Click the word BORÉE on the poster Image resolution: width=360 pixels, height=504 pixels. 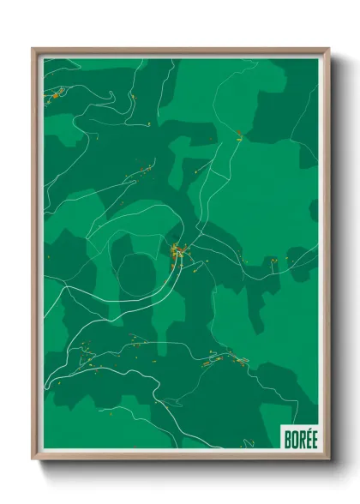pos(300,439)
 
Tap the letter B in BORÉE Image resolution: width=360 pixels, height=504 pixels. pos(288,439)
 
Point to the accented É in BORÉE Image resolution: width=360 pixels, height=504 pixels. pos(306,438)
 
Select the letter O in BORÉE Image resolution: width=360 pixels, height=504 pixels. pos(294,439)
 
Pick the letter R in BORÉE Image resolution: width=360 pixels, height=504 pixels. pos(300,439)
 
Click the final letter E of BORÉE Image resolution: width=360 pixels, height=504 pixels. pos(312,439)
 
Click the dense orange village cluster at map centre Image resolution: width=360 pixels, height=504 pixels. pos(178,252)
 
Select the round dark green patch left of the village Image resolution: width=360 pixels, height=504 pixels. pos(137,274)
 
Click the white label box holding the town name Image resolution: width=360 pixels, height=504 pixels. pos(299,437)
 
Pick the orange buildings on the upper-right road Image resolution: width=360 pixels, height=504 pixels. pos(239,133)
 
